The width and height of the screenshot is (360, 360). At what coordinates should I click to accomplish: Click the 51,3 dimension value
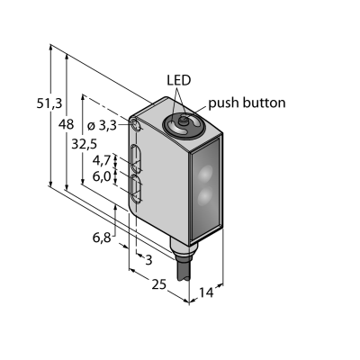coord(49,103)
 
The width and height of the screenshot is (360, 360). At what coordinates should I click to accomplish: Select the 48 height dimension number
coord(67,124)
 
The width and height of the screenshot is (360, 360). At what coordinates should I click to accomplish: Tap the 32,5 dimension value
coord(85,144)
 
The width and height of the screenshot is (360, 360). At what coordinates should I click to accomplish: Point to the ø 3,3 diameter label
coord(102,126)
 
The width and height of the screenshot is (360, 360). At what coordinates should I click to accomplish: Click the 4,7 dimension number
coord(102,161)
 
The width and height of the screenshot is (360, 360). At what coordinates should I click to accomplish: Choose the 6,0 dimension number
coord(102,176)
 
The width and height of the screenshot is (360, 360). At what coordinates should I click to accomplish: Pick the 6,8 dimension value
coord(102,238)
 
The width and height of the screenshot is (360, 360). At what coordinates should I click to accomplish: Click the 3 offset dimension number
coord(148,260)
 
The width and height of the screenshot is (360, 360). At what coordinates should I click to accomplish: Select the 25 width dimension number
coord(158,284)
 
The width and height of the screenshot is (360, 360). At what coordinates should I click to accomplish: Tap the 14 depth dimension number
coord(206,292)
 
